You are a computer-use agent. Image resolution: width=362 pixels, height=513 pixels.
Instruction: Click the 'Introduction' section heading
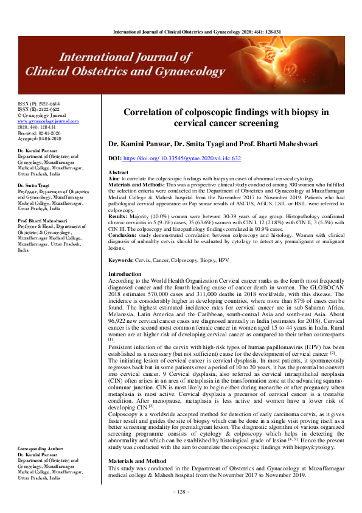pos(124,275)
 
